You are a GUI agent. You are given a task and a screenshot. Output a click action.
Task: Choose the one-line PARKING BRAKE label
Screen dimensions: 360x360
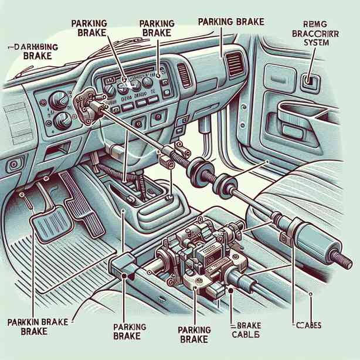tap(231, 22)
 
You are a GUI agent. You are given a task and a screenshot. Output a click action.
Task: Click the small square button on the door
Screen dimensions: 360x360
tap(308, 80)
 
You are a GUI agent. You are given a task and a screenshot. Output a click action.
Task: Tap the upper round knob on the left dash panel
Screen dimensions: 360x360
tap(59, 100)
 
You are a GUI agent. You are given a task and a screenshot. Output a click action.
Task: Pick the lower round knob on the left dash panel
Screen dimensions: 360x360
tap(60, 121)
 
